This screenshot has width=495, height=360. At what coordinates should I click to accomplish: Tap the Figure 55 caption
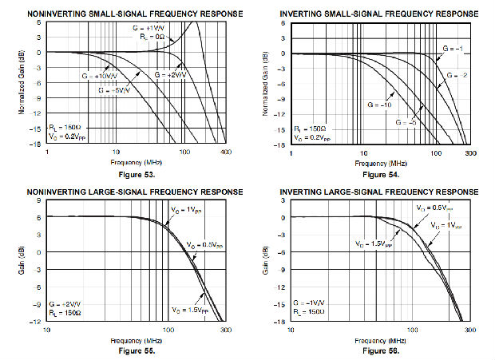click(130, 350)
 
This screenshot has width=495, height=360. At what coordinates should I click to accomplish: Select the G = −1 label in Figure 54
click(453, 49)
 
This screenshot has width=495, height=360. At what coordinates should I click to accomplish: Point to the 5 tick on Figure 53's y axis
click(39, 22)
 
